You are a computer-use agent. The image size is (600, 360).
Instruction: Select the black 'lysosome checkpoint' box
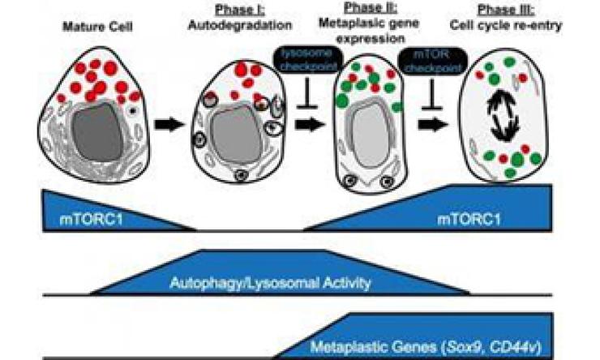coord(301,60)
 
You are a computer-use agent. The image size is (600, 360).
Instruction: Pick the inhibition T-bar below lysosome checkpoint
coord(300,94)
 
